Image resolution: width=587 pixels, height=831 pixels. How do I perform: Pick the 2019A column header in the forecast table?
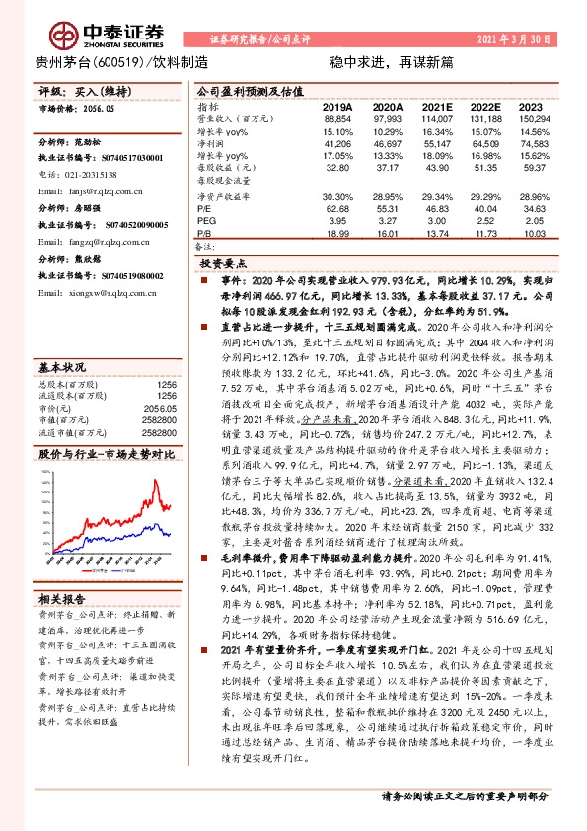[337, 106]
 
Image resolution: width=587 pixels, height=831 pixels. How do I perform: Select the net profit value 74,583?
[536, 143]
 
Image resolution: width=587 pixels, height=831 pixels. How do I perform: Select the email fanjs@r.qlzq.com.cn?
[80, 189]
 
